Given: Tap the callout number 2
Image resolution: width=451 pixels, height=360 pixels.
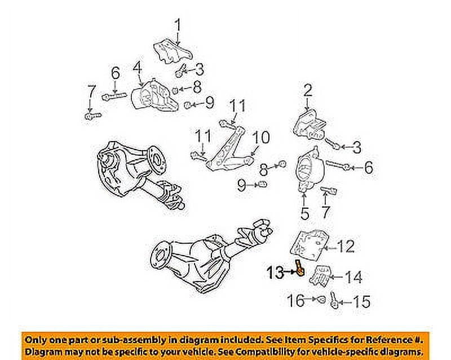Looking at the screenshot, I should click(x=308, y=89).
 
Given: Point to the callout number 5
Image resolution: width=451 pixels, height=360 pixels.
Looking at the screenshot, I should click(x=304, y=213).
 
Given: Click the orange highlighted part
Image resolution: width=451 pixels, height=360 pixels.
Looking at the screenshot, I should click(x=299, y=267).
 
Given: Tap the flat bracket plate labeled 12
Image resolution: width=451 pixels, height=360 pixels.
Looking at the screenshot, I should click(x=309, y=244).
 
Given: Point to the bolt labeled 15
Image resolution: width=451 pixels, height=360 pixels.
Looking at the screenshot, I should click(x=335, y=301).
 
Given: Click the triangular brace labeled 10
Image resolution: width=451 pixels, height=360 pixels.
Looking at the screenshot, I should click(x=228, y=151).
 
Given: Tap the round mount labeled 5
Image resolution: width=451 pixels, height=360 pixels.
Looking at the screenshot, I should click(x=307, y=170).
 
